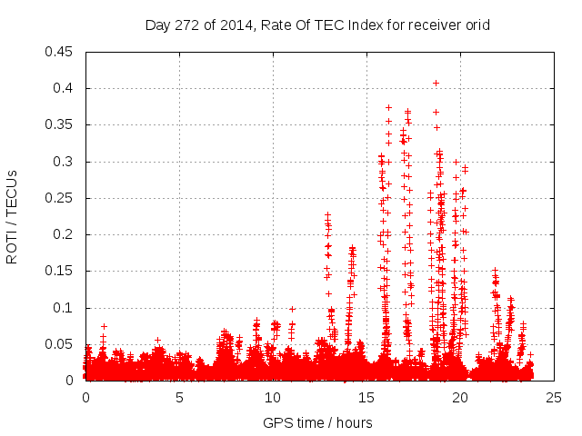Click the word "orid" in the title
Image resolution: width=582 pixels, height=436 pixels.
point(476,25)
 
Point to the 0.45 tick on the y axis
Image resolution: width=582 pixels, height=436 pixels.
point(61,52)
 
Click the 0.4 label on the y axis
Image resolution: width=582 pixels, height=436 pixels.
point(65,88)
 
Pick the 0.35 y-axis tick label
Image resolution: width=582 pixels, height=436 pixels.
point(61,124)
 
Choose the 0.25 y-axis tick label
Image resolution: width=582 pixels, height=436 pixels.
point(61,198)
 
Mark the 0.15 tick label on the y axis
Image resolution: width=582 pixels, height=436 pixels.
point(61,271)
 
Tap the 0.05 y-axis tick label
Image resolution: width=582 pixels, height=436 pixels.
point(61,344)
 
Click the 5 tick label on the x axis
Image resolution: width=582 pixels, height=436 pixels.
point(180,398)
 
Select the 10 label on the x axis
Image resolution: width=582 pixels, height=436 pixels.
point(274,398)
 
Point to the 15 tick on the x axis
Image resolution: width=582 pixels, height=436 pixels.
point(367,398)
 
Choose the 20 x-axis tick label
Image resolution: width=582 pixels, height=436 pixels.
point(461,398)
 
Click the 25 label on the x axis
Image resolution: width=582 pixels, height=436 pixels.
point(555,398)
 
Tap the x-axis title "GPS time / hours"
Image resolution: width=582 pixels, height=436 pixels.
point(317,422)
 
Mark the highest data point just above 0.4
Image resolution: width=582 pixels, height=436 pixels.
point(436,83)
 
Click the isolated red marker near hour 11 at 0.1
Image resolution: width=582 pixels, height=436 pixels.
point(292,309)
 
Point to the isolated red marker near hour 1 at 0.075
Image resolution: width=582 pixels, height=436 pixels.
point(104,326)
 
